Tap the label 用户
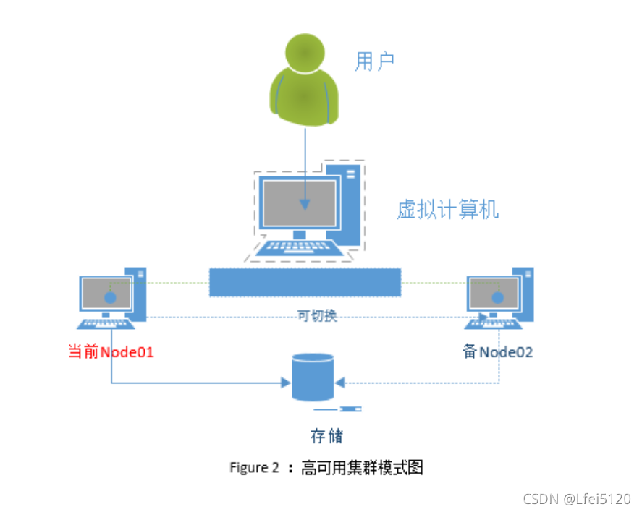pos(374,62)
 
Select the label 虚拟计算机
pos(447,210)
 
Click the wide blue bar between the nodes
pos(305,282)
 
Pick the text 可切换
pos(317,316)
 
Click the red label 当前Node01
pos(111,352)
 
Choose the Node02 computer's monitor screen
pos(494,292)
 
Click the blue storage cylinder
pos(313,376)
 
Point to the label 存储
pos(326,436)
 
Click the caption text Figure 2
pos(254,468)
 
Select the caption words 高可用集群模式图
pos(361,468)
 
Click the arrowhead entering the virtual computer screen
pos(305,205)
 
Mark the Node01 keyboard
pos(106,324)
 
